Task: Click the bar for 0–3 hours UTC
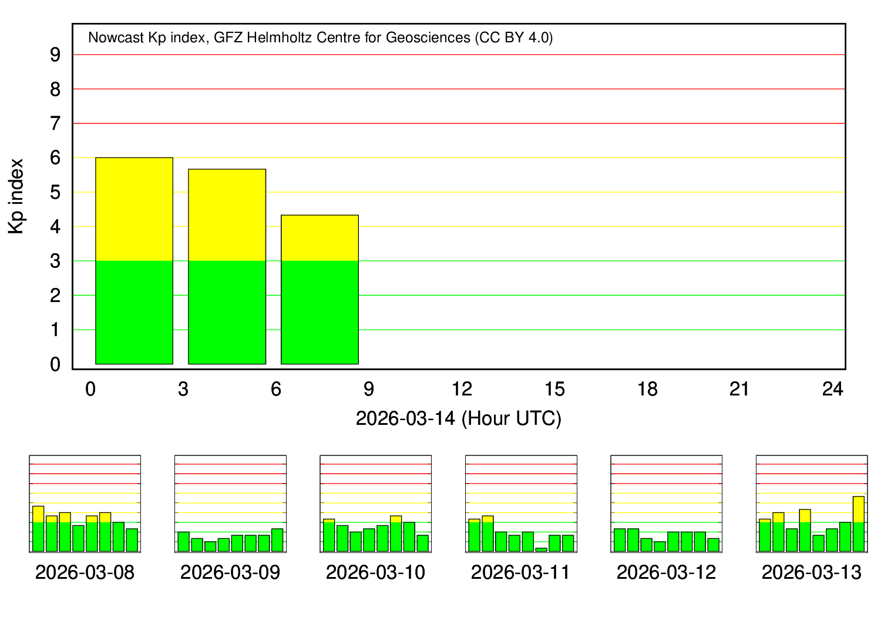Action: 134,261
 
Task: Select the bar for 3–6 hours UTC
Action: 227,267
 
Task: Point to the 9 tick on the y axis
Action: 55,55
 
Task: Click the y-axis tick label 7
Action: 55,124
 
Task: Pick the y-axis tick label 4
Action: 55,227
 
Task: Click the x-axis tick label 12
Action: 462,389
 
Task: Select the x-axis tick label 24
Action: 833,389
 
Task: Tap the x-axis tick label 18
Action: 648,389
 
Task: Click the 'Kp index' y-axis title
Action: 16,196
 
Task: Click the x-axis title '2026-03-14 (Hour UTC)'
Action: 458,418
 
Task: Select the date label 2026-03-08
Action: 85,572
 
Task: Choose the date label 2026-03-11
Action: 521,572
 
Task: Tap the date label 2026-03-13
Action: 811,572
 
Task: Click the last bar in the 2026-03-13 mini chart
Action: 858,524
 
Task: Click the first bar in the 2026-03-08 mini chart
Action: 38,529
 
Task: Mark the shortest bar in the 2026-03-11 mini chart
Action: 541,549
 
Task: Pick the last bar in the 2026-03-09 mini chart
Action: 277,540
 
